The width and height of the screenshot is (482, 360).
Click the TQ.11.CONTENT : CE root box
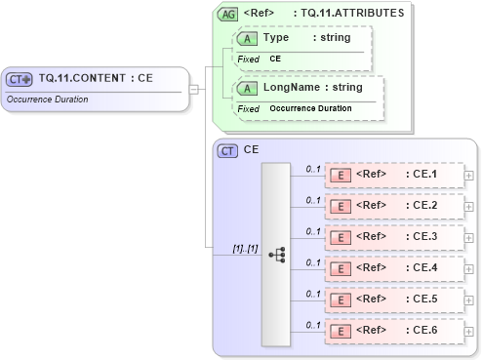coord(94,79)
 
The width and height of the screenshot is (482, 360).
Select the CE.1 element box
coord(394,175)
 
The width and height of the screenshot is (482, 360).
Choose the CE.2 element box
coord(394,206)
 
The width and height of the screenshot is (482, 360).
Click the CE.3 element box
coord(394,237)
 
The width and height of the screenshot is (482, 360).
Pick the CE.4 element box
coord(394,267)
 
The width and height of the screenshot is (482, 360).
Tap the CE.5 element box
coord(394,299)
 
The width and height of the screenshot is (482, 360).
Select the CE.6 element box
coord(394,330)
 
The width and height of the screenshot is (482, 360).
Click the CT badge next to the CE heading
coord(227,150)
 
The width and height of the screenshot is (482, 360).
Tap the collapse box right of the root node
coord(194,90)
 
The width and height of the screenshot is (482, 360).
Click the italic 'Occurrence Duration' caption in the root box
coord(46,99)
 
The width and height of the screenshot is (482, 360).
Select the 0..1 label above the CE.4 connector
coord(312,261)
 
